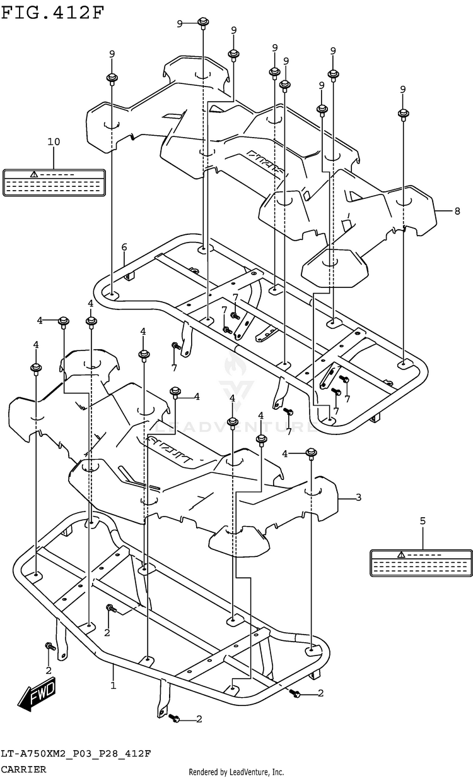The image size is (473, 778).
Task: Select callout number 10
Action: click(54, 141)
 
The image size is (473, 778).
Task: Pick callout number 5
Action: click(423, 521)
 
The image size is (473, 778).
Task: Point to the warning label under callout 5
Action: click(421, 562)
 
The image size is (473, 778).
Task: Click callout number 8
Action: click(457, 211)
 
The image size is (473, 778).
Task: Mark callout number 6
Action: click(124, 246)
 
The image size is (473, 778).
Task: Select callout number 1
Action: click(114, 685)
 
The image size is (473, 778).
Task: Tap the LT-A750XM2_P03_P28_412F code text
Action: click(76, 755)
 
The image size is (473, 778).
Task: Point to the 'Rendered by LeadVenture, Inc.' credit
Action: click(237, 772)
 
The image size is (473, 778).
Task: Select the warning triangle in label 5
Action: click(401, 554)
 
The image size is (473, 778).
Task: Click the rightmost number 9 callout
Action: click(402, 89)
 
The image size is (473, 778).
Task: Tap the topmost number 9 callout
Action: click(180, 23)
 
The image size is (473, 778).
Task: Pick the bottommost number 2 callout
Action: click(199, 719)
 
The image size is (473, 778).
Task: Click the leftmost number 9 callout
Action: click(112, 54)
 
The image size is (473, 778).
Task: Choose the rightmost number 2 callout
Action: click(320, 693)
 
